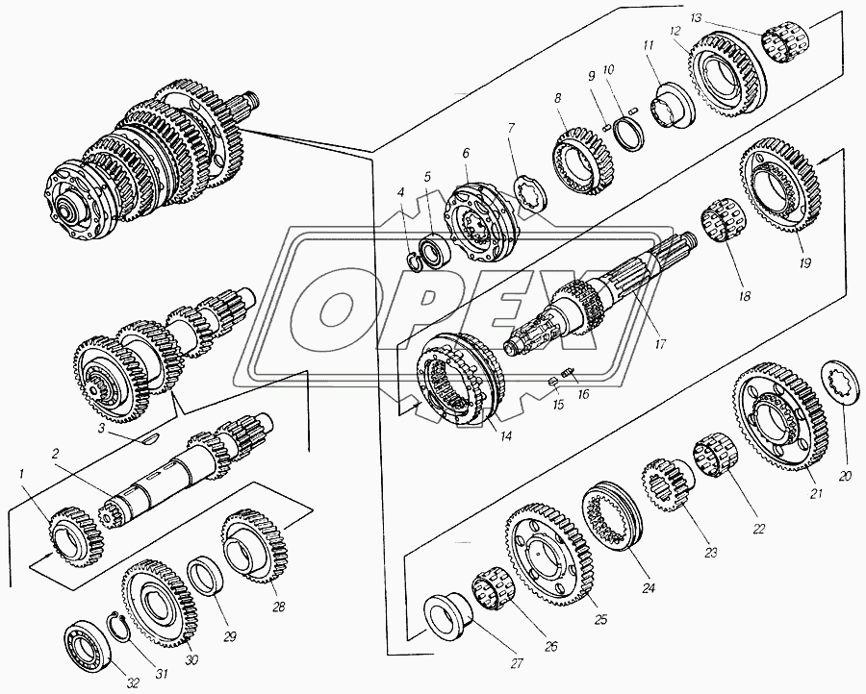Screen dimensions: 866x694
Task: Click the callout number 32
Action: coord(133,683)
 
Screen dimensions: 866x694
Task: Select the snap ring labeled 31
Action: coord(121,628)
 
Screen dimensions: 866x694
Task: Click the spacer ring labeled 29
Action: coord(206,577)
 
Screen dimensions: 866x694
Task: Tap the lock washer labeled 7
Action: coord(530,192)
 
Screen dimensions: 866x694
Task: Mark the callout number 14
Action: coord(506,435)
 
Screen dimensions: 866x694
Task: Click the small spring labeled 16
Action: coord(567,374)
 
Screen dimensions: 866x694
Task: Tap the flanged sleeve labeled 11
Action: coord(672,106)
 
